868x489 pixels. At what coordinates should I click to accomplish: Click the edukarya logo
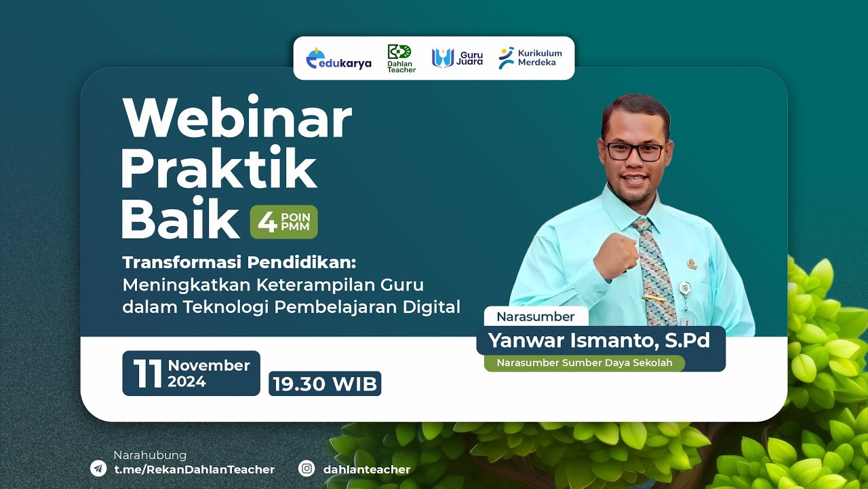click(x=339, y=59)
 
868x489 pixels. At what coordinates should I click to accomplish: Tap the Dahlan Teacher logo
click(x=401, y=58)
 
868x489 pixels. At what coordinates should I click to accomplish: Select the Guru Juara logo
click(x=458, y=58)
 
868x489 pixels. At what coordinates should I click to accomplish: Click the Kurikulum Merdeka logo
click(x=530, y=58)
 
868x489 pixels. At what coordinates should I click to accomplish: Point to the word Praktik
click(x=218, y=168)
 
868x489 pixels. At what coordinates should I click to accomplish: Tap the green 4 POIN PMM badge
click(x=283, y=222)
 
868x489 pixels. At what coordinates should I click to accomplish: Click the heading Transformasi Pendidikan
click(x=239, y=262)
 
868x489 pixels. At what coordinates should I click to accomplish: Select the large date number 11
click(x=147, y=374)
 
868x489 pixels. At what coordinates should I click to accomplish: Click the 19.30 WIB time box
click(x=325, y=384)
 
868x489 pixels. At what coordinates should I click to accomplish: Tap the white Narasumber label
click(x=535, y=316)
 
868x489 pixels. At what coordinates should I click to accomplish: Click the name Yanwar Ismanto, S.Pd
click(x=599, y=340)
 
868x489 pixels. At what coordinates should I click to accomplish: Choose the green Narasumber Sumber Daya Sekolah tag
click(x=584, y=363)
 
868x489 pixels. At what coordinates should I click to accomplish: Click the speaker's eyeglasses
click(x=635, y=151)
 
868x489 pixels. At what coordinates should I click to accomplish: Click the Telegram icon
click(x=98, y=469)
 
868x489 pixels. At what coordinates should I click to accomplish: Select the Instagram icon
click(x=307, y=469)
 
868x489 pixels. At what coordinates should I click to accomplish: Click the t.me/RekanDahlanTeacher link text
click(x=195, y=469)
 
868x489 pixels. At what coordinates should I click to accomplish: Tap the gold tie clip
click(x=654, y=297)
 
